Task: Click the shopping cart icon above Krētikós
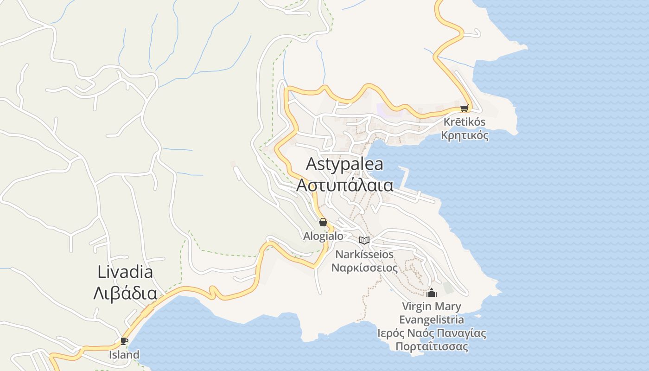464,109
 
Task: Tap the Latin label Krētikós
464,122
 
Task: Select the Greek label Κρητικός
464,135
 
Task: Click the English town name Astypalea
345,165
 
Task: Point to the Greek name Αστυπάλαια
345,185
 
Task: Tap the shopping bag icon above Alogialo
323,222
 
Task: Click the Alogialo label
323,236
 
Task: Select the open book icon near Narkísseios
365,240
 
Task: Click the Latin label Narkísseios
364,254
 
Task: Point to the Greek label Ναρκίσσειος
364,268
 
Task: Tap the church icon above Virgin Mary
432,293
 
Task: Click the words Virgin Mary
432,307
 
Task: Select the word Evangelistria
432,320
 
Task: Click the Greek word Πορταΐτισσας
432,346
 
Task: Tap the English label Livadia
125,272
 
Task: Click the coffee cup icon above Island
124,341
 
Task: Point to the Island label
124,355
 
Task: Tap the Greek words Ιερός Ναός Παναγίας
432,333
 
